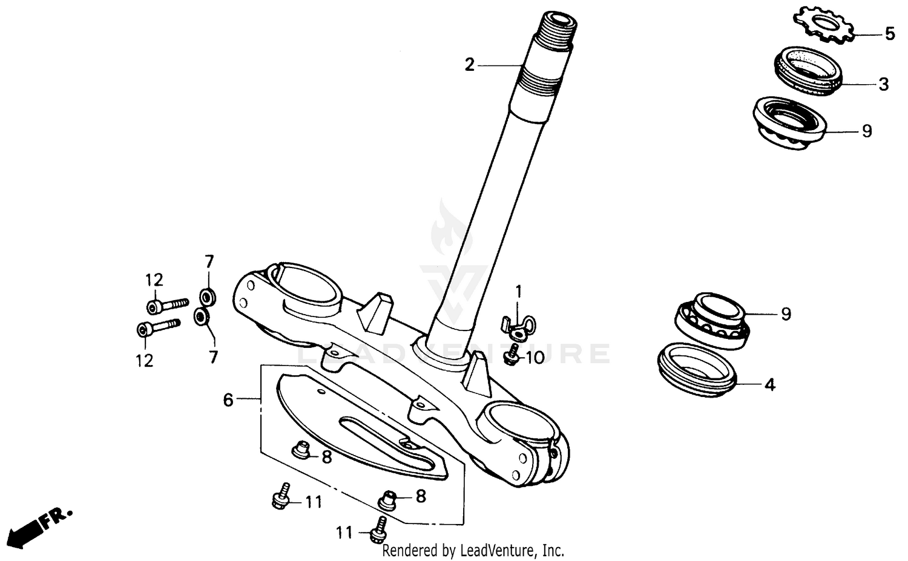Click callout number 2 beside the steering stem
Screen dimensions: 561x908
coord(470,65)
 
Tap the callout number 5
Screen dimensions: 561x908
coord(889,34)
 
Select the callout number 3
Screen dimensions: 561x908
coord(883,84)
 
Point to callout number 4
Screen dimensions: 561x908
coord(769,384)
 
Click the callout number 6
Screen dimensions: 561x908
coord(228,400)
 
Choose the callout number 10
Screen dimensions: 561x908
coord(535,358)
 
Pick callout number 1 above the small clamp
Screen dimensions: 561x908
coord(518,292)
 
